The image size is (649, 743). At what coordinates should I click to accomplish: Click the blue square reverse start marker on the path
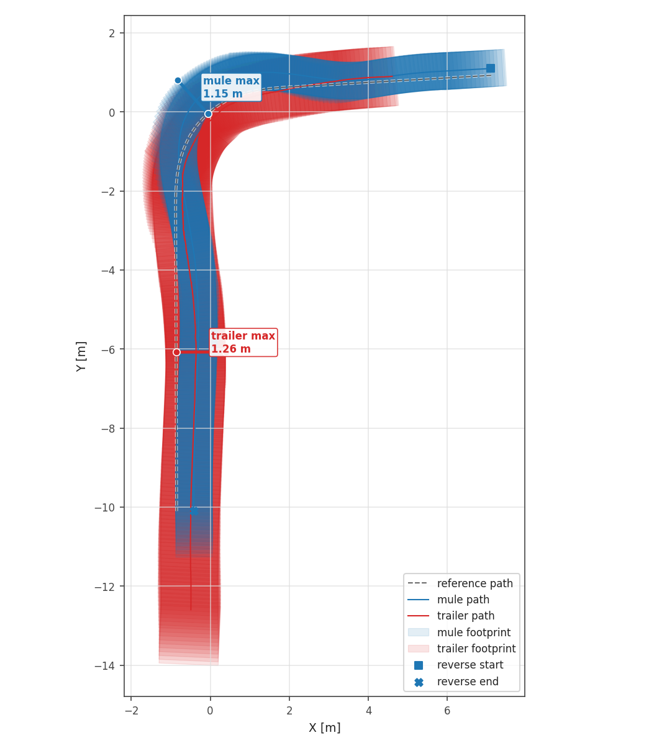[x=491, y=68]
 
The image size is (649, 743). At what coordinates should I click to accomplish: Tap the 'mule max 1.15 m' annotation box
[x=232, y=87]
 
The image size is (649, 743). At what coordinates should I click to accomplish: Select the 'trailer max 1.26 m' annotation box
[x=243, y=343]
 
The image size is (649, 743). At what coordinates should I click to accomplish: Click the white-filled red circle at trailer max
[x=176, y=352]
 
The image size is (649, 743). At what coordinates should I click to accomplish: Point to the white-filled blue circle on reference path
[x=208, y=114]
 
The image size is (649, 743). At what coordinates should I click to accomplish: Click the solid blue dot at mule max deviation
[x=178, y=81]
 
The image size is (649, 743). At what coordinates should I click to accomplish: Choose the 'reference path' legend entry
[x=460, y=583]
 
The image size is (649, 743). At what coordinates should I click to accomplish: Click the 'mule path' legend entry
[x=448, y=600]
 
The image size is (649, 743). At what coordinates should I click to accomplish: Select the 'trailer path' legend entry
[x=451, y=616]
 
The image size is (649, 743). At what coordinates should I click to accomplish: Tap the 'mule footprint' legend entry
[x=459, y=632]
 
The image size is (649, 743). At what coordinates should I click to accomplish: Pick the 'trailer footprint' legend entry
[x=461, y=648]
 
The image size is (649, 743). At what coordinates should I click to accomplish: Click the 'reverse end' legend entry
[x=456, y=682]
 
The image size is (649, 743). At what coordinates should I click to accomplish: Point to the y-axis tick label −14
[x=104, y=666]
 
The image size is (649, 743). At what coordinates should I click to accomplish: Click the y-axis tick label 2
[x=112, y=33]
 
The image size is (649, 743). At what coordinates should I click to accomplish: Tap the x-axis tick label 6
[x=447, y=710]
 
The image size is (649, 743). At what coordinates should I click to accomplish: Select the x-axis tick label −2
[x=131, y=710]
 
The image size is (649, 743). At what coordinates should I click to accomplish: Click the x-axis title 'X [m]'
[x=325, y=727]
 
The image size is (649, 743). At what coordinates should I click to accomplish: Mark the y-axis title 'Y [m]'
[x=81, y=356]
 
